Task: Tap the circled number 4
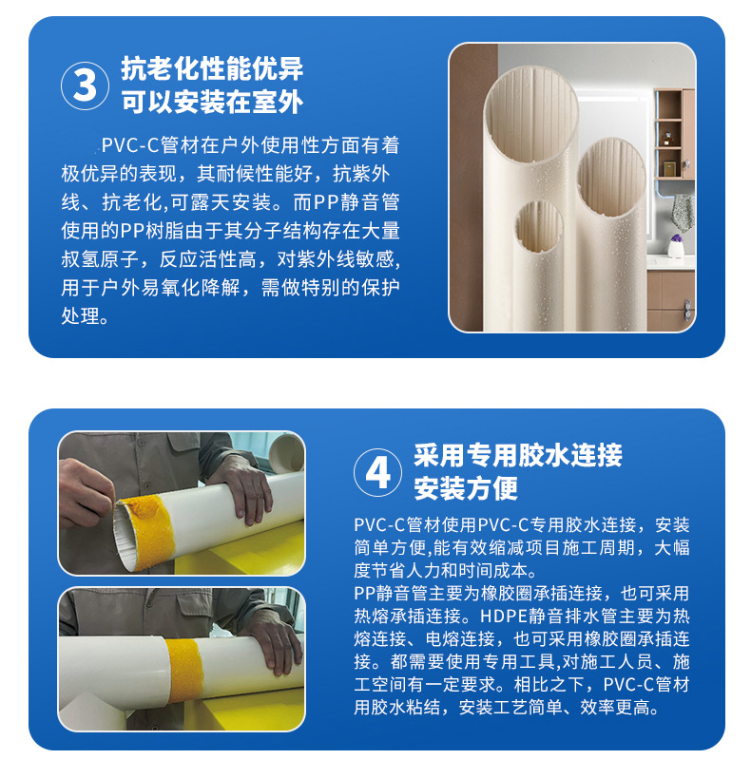click(378, 472)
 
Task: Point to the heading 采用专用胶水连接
click(518, 455)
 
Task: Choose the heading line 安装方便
click(466, 488)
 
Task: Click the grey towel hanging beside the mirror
click(684, 209)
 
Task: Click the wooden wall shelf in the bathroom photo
click(674, 133)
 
